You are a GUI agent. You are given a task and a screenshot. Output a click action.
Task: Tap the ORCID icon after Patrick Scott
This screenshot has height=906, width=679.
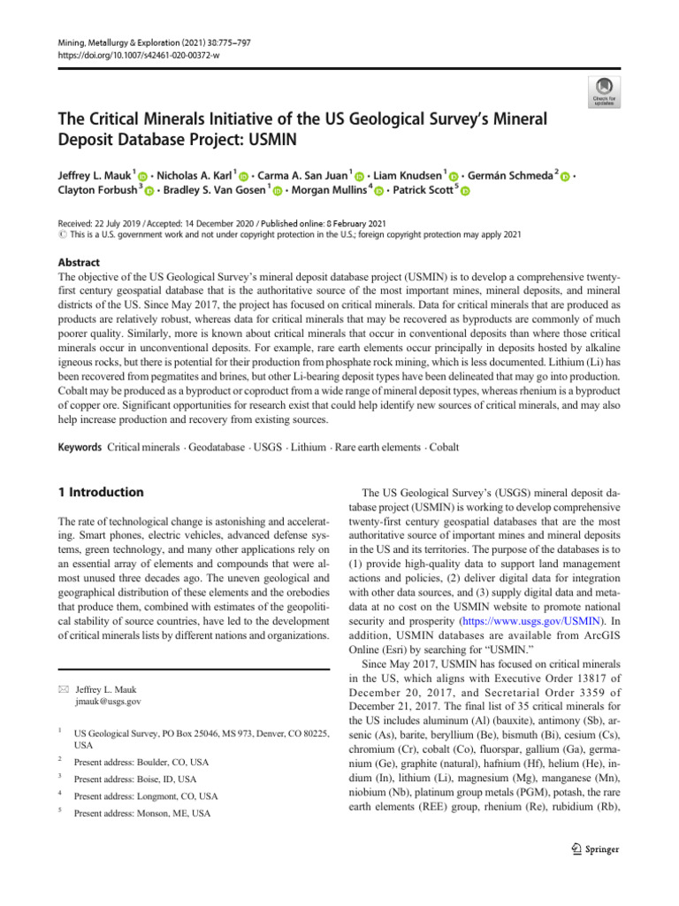pos(465,191)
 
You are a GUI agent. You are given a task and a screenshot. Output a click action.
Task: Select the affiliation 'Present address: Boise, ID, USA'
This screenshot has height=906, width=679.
pos(135,779)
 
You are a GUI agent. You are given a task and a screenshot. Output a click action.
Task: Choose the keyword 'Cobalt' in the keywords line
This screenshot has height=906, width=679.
pos(443,448)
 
